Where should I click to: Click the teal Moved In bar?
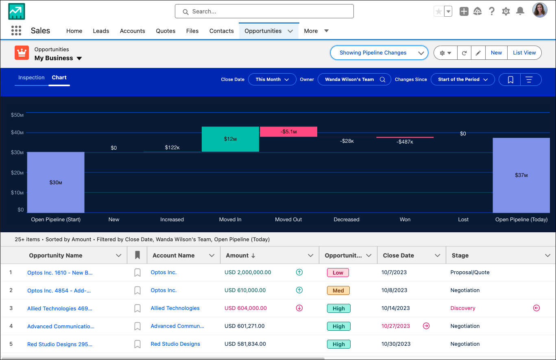click(230, 139)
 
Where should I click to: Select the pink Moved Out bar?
click(288, 131)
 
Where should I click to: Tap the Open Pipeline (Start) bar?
click(56, 182)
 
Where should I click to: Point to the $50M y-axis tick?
click(17, 115)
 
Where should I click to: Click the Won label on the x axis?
click(405, 220)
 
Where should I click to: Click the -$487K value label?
click(405, 142)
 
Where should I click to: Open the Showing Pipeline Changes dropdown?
click(379, 52)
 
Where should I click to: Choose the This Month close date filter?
click(272, 79)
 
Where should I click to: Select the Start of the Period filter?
click(463, 79)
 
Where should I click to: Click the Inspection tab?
click(31, 77)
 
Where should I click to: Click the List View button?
click(524, 52)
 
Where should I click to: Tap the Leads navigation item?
click(101, 31)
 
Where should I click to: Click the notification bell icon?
click(520, 11)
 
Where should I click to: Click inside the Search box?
click(264, 11)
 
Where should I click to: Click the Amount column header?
click(237, 255)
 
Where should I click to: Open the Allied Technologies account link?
click(175, 308)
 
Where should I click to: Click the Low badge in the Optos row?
click(338, 273)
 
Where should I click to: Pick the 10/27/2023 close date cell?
click(395, 326)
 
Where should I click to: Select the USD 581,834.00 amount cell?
click(245, 344)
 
